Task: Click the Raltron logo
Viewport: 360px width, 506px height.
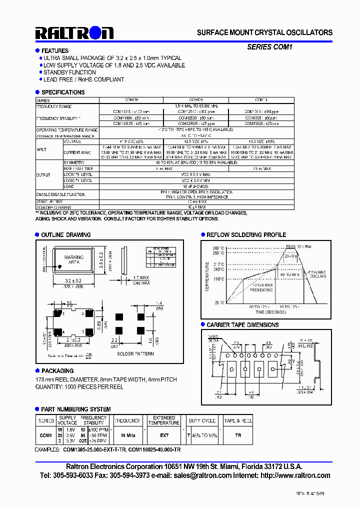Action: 74,33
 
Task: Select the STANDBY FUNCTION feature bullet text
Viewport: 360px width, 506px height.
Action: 69,72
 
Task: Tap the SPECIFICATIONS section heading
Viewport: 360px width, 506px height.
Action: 63,92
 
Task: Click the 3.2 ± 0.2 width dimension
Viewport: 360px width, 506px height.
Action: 73,281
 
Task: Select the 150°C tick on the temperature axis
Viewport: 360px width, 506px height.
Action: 218,279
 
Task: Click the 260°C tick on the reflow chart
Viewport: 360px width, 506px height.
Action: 218,248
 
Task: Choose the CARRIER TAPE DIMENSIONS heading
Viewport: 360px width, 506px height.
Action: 242,325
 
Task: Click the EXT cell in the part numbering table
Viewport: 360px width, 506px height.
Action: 164,435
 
